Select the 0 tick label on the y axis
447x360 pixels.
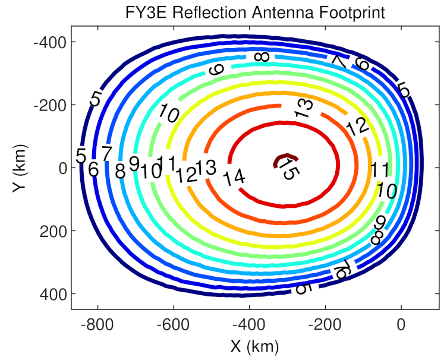(59, 168)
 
